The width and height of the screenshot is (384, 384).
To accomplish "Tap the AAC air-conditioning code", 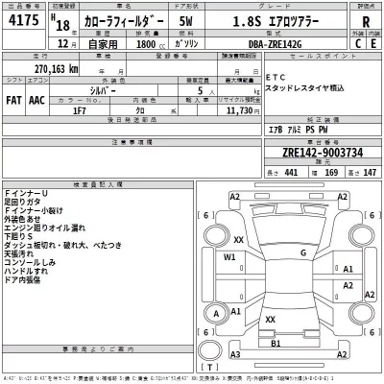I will coord(38,99).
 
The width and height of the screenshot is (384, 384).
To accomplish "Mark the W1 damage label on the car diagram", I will coord(229,258).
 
